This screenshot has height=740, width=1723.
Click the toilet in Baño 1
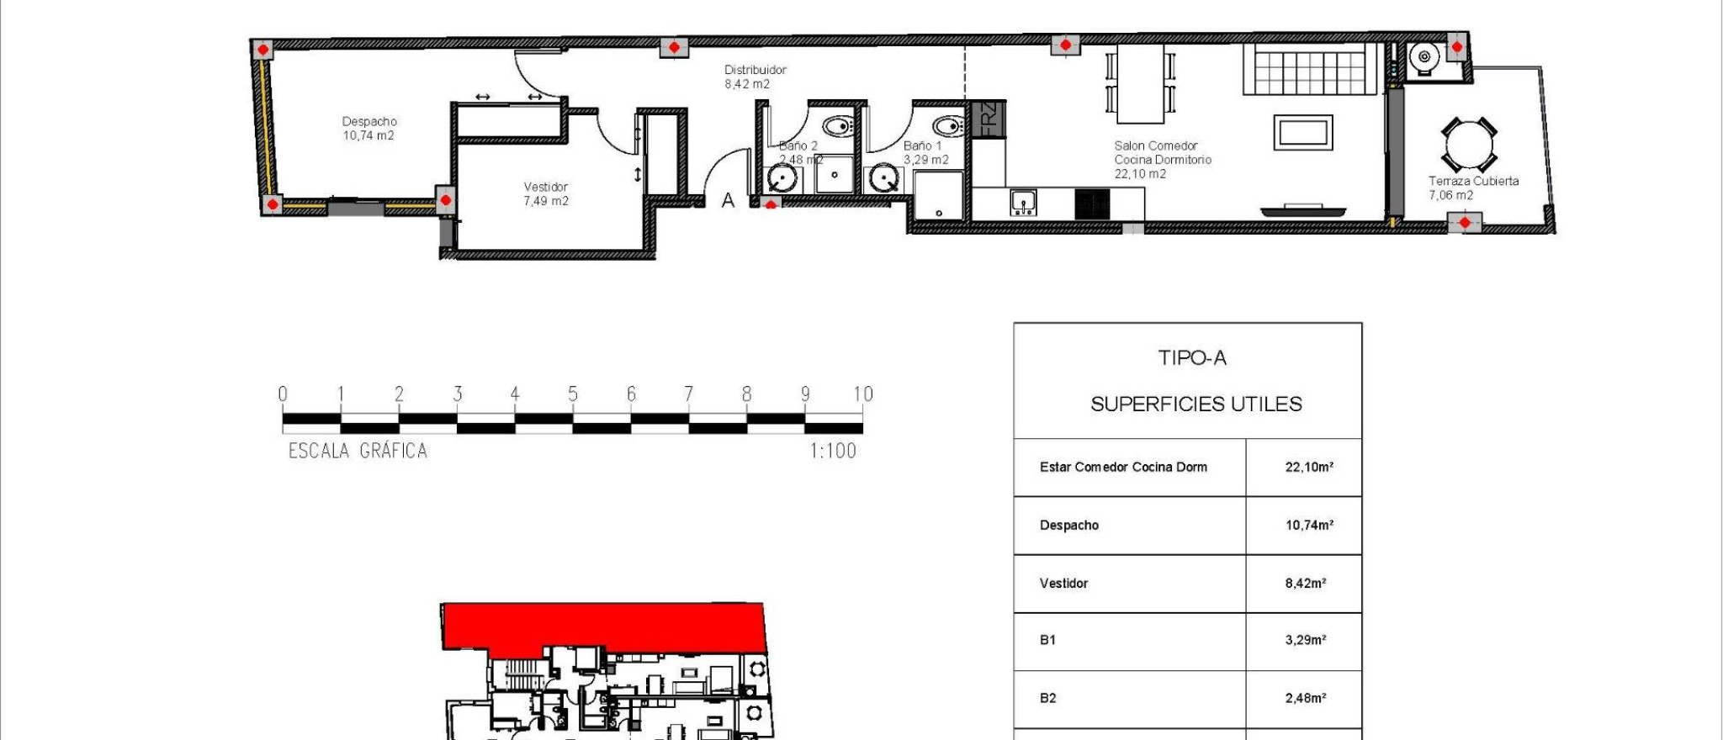[x=948, y=127]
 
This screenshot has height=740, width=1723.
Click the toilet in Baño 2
[x=838, y=127]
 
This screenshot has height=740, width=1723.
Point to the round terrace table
[x=1468, y=145]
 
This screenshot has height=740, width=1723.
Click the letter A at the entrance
[x=728, y=200]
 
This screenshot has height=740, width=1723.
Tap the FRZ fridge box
[x=988, y=119]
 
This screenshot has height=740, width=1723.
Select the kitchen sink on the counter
[x=1023, y=203]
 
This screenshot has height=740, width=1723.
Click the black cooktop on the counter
[x=1092, y=203]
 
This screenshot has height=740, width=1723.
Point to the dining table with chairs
[x=1140, y=82]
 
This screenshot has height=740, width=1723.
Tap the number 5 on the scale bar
[x=573, y=394]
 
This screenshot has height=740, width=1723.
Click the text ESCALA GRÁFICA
[x=358, y=451]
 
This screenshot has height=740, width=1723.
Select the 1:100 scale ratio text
[x=833, y=451]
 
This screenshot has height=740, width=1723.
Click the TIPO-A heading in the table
[x=1192, y=358]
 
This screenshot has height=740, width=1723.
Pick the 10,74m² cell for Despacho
[x=1308, y=526]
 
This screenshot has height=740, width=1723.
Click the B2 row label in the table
[x=1047, y=698]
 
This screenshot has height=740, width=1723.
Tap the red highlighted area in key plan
[x=602, y=626]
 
